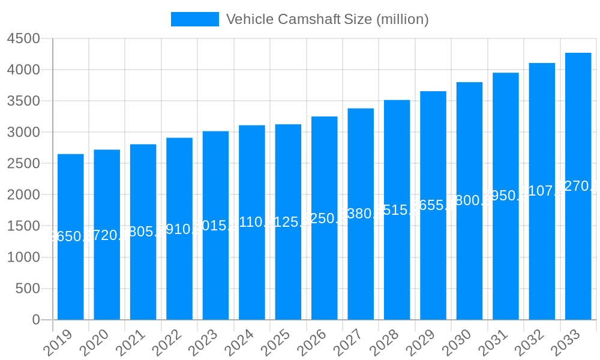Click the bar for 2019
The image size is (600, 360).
tap(71, 237)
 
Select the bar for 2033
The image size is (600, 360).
tap(578, 186)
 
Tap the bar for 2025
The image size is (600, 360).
tap(288, 222)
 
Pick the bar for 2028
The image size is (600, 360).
tap(397, 210)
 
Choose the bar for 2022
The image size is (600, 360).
tap(179, 229)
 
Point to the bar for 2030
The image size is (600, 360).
tap(469, 201)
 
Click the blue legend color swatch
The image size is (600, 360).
tap(195, 19)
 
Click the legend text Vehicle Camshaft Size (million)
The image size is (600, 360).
tap(327, 19)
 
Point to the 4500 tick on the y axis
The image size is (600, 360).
tap(23, 38)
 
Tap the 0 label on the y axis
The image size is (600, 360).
tap(36, 320)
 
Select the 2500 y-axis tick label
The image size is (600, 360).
tap(23, 164)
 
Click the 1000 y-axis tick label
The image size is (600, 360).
tap(23, 257)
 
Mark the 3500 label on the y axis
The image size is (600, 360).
tap(23, 101)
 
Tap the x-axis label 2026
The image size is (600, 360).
tap(311, 342)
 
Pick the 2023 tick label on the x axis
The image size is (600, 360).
tap(203, 342)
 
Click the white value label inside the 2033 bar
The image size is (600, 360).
tap(578, 186)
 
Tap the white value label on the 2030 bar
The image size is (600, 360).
tap(469, 200)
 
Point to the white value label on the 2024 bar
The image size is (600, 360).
tap(252, 223)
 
